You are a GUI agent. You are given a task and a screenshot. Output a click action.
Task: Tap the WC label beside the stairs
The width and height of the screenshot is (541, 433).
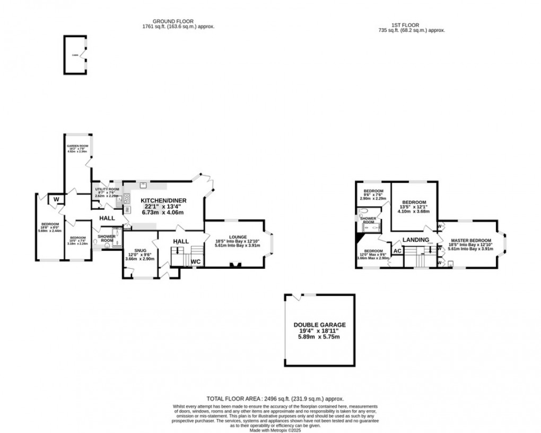click(196, 261)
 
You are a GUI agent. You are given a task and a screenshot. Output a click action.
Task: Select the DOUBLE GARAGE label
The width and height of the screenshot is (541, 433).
click(319, 325)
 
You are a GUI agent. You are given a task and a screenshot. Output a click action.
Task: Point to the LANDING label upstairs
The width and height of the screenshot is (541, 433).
click(415, 240)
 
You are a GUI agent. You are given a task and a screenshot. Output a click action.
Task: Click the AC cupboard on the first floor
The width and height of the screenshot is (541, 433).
click(397, 251)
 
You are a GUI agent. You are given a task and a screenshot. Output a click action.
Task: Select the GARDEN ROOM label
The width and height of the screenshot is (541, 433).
click(76, 145)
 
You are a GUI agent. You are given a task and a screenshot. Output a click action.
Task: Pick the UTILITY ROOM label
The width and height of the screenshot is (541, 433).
click(106, 189)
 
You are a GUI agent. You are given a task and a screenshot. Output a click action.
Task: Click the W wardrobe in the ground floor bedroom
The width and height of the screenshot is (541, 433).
click(56, 200)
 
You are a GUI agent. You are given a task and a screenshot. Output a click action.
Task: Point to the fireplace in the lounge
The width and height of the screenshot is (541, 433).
click(233, 264)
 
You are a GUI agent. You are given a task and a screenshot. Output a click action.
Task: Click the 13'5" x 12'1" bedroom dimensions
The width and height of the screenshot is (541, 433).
click(414, 208)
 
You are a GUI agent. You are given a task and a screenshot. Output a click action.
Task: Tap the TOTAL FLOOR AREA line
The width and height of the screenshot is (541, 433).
click(276, 398)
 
